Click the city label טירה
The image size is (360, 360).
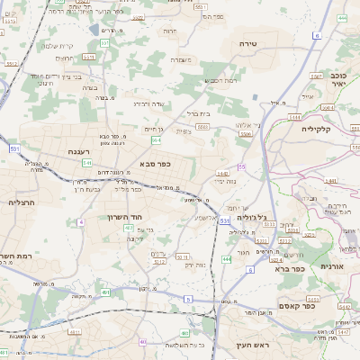click(x=249, y=43)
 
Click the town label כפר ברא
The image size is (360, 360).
click(x=292, y=267)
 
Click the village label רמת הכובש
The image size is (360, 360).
click(x=221, y=81)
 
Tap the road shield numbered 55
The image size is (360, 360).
click(x=241, y=166)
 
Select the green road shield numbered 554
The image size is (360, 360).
click(x=157, y=140)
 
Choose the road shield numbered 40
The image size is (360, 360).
click(x=142, y=342)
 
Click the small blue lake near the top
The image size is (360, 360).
click(x=95, y=30)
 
